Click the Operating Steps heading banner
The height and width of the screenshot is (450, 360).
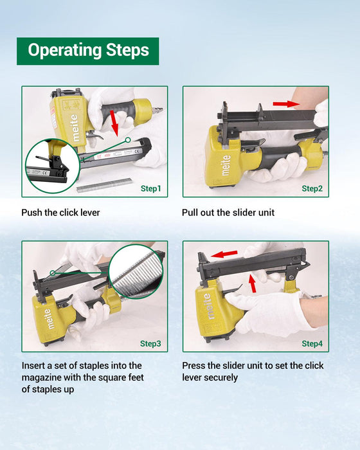88,51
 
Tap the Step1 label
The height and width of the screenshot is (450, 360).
150,188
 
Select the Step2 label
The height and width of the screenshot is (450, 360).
312,188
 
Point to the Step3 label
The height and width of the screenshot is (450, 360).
150,343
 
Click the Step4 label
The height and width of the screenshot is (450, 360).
312,343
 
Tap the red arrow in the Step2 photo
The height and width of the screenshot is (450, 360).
286,104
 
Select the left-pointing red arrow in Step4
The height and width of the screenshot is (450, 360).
224,254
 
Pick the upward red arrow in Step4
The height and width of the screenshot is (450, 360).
253,283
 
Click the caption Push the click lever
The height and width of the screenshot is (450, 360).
60,213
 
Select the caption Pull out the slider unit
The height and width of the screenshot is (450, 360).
228,213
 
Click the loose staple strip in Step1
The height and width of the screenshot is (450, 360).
105,184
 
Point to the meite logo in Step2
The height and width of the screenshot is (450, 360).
226,165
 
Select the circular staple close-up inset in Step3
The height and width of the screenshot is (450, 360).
136,271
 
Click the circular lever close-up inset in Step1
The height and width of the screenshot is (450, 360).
53,166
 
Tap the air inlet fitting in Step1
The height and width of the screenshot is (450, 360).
157,110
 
